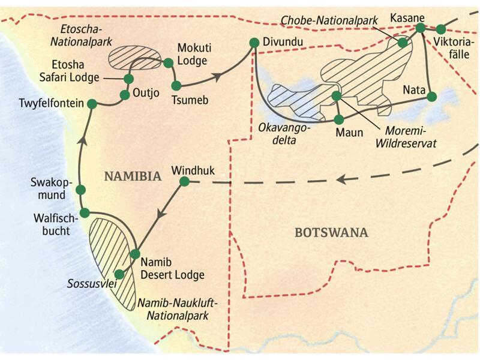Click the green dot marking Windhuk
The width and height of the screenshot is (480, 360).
185,181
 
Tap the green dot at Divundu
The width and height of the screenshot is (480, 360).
253,43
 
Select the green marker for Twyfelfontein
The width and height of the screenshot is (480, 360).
92,104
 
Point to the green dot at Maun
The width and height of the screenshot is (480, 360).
339,119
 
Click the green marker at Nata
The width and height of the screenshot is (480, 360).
431,95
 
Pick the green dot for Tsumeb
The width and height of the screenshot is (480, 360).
176,85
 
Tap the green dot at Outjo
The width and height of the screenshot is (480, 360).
125,95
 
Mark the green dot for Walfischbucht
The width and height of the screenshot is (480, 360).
85,212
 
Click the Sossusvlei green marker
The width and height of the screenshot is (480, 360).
119,274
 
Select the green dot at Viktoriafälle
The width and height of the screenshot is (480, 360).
441,29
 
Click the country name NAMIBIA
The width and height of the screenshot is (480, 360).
133,176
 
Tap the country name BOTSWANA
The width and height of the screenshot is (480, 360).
331,232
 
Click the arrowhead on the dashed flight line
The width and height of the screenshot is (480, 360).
341,179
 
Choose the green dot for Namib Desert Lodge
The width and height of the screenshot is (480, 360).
135,254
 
